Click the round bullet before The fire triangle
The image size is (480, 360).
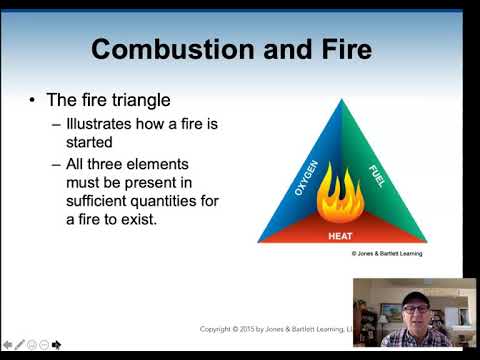pos(33,101)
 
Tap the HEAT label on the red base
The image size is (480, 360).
pos(340,236)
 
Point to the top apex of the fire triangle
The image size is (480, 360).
pos(341,101)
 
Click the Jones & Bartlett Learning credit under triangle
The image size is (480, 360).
pos(386,254)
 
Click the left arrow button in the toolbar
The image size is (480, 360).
pos(8,345)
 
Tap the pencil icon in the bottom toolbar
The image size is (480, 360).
pos(20,345)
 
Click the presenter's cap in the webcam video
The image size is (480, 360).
pos(416,296)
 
